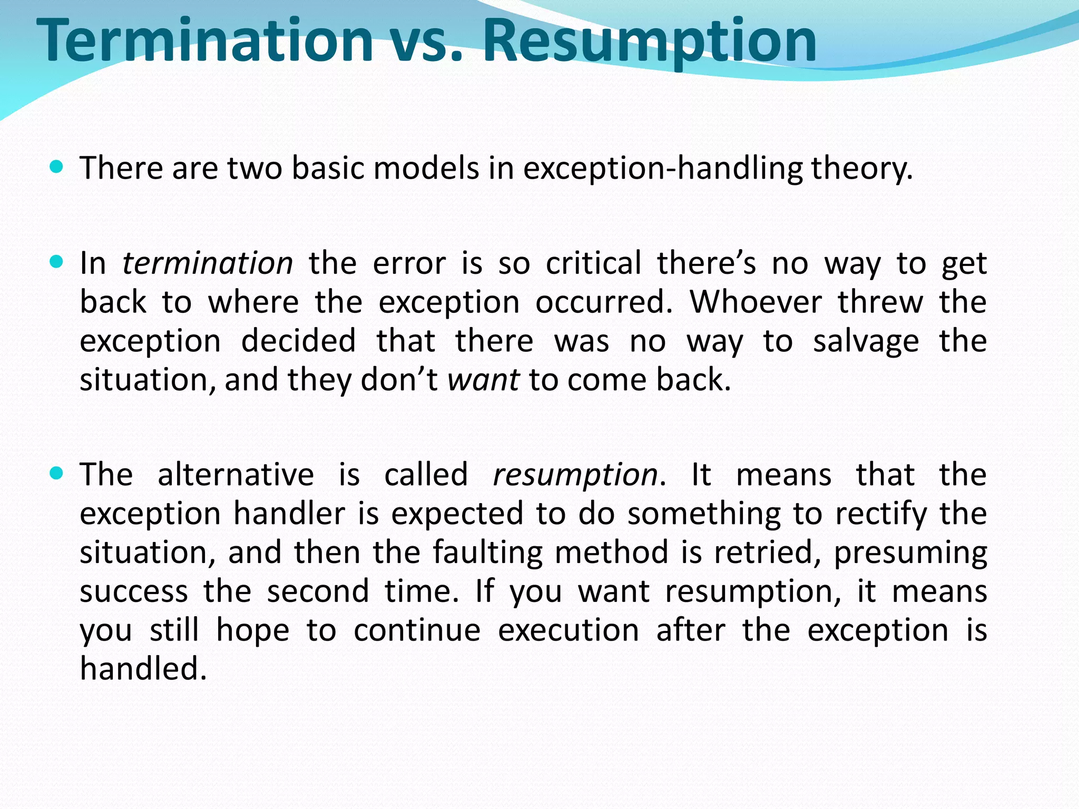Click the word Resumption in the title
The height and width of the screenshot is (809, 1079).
click(649, 41)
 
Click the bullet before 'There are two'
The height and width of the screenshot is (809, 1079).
click(56, 167)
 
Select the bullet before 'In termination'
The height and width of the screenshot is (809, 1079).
click(56, 262)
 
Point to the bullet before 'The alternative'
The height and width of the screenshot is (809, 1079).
click(56, 473)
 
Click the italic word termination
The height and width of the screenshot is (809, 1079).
click(208, 263)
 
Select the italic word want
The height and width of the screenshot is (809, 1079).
click(483, 380)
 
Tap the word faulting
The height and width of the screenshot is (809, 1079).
click(487, 553)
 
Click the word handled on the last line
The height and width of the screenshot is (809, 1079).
click(143, 669)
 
